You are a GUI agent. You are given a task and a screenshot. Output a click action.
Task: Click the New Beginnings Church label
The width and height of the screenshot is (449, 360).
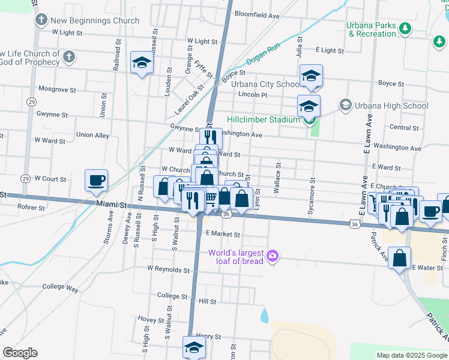pos(95,20)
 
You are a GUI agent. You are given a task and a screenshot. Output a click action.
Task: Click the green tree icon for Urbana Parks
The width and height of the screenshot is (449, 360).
pos(405,27)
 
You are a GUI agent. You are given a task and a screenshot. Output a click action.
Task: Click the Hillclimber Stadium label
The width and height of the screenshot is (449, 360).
pos(263,119)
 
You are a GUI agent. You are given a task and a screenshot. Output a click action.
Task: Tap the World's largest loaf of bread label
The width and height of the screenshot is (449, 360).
pos(237,256)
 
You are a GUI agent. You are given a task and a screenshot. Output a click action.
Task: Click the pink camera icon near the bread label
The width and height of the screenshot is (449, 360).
pos(273,256)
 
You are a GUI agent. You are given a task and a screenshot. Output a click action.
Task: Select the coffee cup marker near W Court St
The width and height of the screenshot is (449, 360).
pos(97,181)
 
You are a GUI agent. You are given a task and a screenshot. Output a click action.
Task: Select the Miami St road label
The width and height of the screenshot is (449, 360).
pos(113,205)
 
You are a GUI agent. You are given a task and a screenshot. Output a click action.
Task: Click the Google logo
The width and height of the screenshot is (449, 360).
pos(20,353)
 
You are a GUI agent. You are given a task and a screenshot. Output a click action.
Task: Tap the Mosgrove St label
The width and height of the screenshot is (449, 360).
pos(57,90)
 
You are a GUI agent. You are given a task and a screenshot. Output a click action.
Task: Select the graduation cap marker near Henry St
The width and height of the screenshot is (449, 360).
pos(194,347)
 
